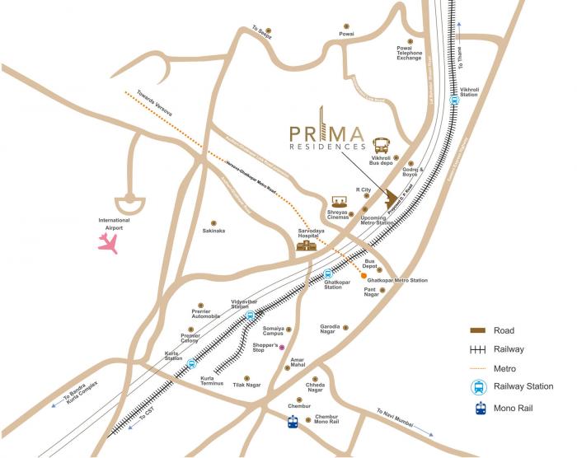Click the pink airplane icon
pyautogui.click(x=108, y=242)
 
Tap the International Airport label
pyautogui.click(x=114, y=223)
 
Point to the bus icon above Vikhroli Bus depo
pyautogui.click(x=382, y=145)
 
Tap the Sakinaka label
pyautogui.click(x=213, y=231)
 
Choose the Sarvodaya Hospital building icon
pyautogui.click(x=307, y=245)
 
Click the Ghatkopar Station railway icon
pyautogui.click(x=328, y=274)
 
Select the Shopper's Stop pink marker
pyautogui.click(x=281, y=348)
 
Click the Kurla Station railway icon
pyautogui.click(x=191, y=363)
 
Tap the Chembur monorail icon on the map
pyautogui.click(x=293, y=423)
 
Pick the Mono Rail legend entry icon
pyautogui.click(x=477, y=406)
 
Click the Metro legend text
pyautogui.click(x=504, y=368)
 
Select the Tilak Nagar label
pyautogui.click(x=247, y=385)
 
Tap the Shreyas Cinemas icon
pyautogui.click(x=338, y=203)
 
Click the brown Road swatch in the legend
pyautogui.click(x=477, y=330)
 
